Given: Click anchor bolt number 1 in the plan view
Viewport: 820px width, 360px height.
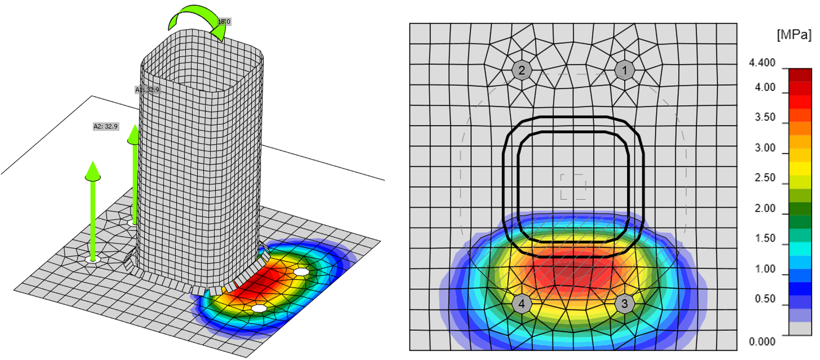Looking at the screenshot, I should tap(624, 71).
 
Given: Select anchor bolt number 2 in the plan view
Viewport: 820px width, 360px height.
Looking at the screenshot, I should tap(522, 71).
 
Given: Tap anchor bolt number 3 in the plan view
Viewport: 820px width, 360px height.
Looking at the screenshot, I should tap(624, 304).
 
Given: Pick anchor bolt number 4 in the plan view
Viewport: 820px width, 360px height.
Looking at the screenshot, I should tap(522, 304).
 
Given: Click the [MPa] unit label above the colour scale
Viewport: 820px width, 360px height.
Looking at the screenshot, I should tap(794, 35).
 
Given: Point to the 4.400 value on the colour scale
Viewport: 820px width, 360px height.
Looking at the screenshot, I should tap(762, 63).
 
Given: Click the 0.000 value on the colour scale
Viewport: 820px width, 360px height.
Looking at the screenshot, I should tap(762, 342).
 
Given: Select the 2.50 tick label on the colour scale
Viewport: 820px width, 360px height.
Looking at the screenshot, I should tap(765, 178).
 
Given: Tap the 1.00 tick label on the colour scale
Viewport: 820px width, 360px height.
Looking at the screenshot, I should tap(765, 269).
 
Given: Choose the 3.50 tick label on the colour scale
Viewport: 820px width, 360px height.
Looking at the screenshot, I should tap(765, 117).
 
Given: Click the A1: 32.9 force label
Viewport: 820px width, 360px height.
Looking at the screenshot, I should tap(147, 90).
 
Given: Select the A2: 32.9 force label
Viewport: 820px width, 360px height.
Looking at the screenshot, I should tap(106, 127).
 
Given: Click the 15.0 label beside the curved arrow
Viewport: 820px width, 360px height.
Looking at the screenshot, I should tap(224, 21).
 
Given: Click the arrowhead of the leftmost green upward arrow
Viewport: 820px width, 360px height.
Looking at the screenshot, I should tap(93, 171).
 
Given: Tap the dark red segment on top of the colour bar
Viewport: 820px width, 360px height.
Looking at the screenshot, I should tap(800, 75).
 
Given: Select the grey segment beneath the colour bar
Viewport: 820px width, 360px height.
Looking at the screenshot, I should tap(800, 328).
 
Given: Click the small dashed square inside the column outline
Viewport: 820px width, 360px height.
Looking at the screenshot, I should tap(573, 187).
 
